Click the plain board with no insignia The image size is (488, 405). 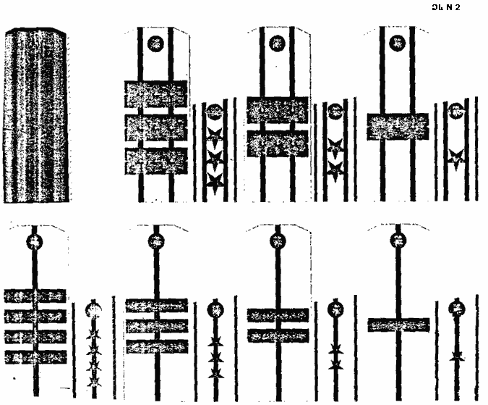[38, 116]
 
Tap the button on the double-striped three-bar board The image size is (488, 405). [155, 43]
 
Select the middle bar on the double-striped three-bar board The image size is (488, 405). [155, 128]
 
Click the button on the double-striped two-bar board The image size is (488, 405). [278, 43]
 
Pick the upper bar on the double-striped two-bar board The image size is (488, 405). [278, 110]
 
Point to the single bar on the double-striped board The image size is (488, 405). [398, 126]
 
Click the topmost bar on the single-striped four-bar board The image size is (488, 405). [35, 296]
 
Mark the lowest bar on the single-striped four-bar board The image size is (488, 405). [35, 356]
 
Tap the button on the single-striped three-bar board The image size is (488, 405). [155, 243]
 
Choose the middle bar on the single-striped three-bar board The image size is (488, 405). [156, 326]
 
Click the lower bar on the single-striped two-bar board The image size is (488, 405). [278, 335]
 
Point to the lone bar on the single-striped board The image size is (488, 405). [398, 325]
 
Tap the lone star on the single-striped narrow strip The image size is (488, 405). [456, 356]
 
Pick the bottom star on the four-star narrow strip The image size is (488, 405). [93, 380]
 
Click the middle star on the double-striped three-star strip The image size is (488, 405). [214, 157]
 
